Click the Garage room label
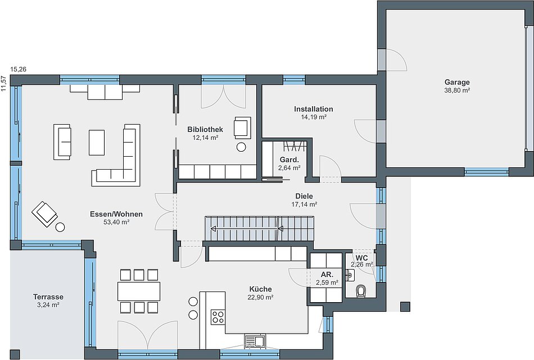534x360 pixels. click(x=457, y=83)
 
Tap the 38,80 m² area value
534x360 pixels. click(x=457, y=90)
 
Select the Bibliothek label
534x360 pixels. click(x=205, y=129)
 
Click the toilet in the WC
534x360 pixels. click(x=361, y=291)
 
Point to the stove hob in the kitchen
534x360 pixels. click(x=218, y=317)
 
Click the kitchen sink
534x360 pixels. click(x=254, y=341)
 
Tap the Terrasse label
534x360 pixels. click(x=48, y=297)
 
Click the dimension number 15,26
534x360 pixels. click(x=19, y=70)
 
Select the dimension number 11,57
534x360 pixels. click(x=3, y=84)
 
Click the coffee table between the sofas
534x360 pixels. click(x=97, y=142)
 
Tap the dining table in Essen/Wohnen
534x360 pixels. click(x=139, y=291)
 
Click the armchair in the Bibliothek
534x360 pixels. click(x=242, y=127)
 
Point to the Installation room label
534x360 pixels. click(x=313, y=109)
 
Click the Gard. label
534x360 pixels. click(x=289, y=160)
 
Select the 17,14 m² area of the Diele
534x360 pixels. click(x=304, y=204)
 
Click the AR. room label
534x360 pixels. click(x=327, y=275)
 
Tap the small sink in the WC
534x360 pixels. click(x=350, y=274)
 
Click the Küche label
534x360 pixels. click(x=260, y=289)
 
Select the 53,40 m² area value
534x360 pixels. click(x=116, y=222)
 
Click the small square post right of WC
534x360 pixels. click(x=406, y=307)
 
